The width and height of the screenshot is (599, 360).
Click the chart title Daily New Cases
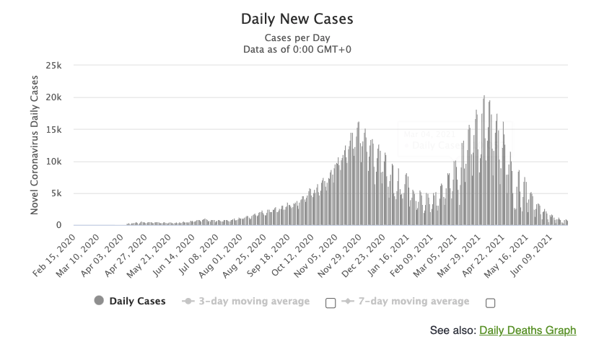297,18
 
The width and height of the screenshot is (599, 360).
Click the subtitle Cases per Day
297,38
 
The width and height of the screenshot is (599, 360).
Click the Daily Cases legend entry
137,302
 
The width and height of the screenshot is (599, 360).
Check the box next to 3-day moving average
331,303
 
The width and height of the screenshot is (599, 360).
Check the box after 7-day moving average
491,303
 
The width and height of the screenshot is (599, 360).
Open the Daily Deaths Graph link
528,330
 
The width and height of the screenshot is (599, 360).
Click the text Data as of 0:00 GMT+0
297,49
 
